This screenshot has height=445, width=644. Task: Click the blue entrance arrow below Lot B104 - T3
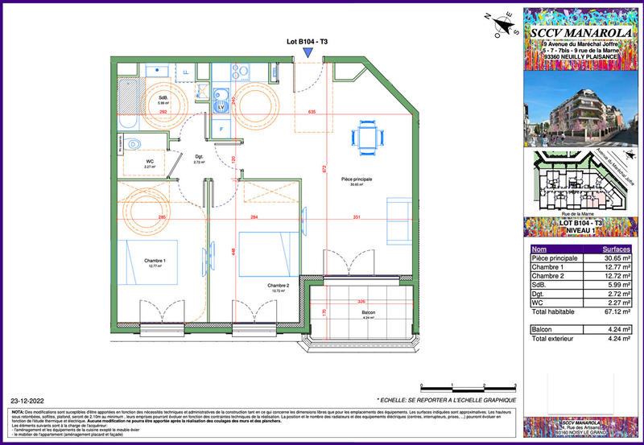click(x=308, y=52)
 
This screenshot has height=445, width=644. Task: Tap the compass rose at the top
click(x=502, y=25)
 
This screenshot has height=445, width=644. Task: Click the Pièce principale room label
click(x=357, y=181)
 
